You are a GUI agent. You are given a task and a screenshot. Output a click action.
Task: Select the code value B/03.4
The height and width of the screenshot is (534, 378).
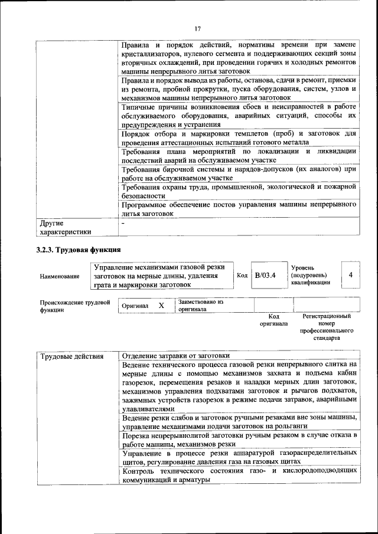[x=265, y=275]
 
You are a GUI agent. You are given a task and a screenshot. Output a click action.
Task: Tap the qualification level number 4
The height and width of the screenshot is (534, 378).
[x=350, y=275]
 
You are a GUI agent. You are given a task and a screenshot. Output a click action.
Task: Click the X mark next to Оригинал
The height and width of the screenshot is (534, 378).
[x=161, y=306]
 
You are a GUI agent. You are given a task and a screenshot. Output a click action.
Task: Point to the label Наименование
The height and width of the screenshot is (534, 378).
[x=60, y=276]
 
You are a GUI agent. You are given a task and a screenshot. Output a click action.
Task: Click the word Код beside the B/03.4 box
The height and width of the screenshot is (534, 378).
[x=242, y=275]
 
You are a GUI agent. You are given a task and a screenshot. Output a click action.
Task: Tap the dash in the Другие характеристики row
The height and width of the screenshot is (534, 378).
[x=123, y=224]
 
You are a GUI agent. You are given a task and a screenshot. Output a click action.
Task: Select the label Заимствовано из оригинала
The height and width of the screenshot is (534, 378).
[x=201, y=305]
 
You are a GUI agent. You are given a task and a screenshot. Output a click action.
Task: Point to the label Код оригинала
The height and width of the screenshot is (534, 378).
[x=273, y=320]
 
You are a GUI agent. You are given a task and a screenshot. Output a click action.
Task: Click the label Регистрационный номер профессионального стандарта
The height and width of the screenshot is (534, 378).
[x=326, y=327]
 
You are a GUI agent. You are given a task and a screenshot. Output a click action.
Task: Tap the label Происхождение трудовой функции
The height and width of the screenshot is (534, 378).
[x=75, y=306]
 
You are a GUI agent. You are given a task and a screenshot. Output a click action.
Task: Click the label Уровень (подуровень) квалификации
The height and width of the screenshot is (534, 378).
[x=311, y=275]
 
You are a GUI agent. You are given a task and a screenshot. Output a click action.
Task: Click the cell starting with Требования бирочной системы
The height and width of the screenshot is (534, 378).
[x=239, y=173]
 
